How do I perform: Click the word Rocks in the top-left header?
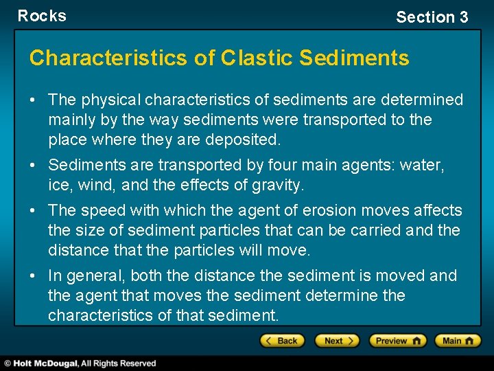[x=42, y=16]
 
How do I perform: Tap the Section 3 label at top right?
[x=432, y=17]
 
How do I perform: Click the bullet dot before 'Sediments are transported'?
[x=33, y=166]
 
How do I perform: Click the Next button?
[x=336, y=341]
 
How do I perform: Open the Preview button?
[x=397, y=341]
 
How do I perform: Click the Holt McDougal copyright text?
[x=80, y=363]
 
